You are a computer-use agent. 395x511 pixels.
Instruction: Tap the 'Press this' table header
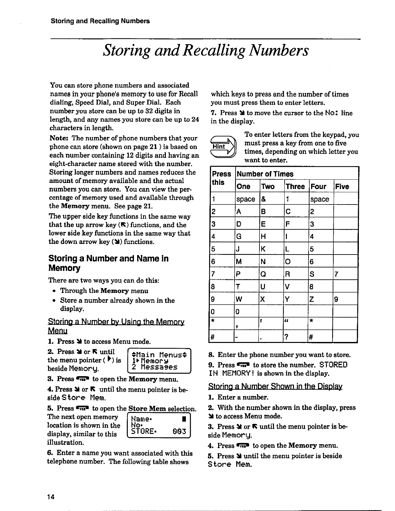[x=222, y=178]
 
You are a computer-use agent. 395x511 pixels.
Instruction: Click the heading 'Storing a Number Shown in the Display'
[x=275, y=386]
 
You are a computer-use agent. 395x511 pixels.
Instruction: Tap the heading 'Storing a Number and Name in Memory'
[x=108, y=263]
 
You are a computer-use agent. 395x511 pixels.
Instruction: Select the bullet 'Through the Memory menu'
[x=104, y=291]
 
